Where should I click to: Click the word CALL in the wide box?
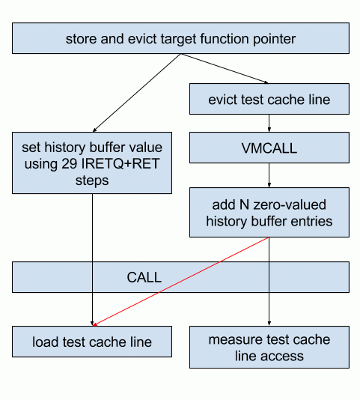click(144, 277)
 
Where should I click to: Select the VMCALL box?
click(269, 148)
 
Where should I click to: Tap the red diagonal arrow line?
click(181, 282)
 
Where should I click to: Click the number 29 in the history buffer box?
click(70, 163)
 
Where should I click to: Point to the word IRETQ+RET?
click(120, 163)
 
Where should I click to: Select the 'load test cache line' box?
click(92, 342)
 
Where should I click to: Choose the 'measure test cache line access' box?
click(269, 347)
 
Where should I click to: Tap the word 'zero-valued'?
click(290, 204)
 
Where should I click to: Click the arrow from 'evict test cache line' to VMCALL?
click(269, 123)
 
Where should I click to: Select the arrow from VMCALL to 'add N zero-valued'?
click(269, 175)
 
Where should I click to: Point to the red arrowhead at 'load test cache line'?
click(95, 324)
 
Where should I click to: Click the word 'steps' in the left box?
click(92, 181)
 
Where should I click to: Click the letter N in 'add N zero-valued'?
click(245, 204)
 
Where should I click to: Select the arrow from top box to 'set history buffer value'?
click(137, 93)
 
